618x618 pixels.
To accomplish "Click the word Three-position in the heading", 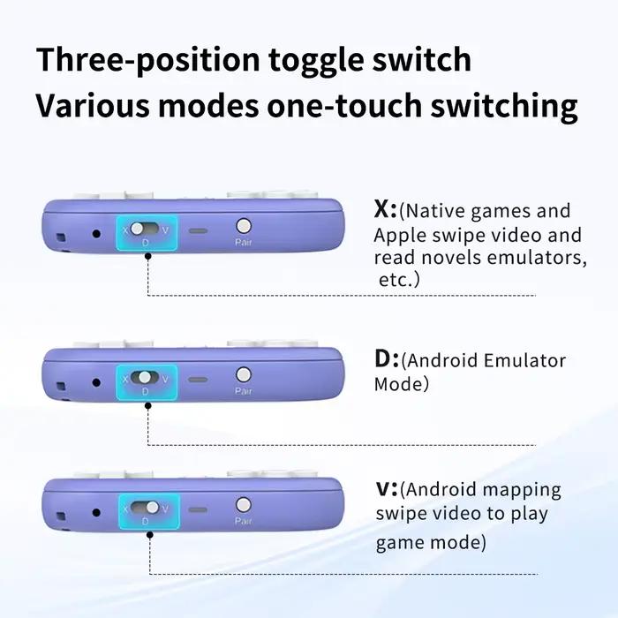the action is pyautogui.click(x=147, y=60).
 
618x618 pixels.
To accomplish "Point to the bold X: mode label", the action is pyautogui.click(x=385, y=210).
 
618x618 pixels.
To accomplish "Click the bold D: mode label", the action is pyautogui.click(x=386, y=359).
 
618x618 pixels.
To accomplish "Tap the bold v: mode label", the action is pyautogui.click(x=387, y=489).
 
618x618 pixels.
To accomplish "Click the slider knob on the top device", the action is pyautogui.click(x=137, y=228).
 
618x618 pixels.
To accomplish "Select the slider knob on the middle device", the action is pyautogui.click(x=145, y=377).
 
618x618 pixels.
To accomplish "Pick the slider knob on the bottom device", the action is pyautogui.click(x=153, y=508).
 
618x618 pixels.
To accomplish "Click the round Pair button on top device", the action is pyautogui.click(x=243, y=226).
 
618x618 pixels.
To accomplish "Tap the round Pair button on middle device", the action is pyautogui.click(x=243, y=375).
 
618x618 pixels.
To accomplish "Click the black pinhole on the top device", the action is pyautogui.click(x=96, y=234).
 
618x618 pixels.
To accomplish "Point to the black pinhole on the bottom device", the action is pyautogui.click(x=96, y=513).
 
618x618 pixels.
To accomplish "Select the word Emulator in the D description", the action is pyautogui.click(x=524, y=360).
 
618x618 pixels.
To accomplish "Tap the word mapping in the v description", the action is pyautogui.click(x=522, y=491).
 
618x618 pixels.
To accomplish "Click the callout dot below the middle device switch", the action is pyautogui.click(x=147, y=405).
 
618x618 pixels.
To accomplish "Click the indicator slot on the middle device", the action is pyautogui.click(x=198, y=380).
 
